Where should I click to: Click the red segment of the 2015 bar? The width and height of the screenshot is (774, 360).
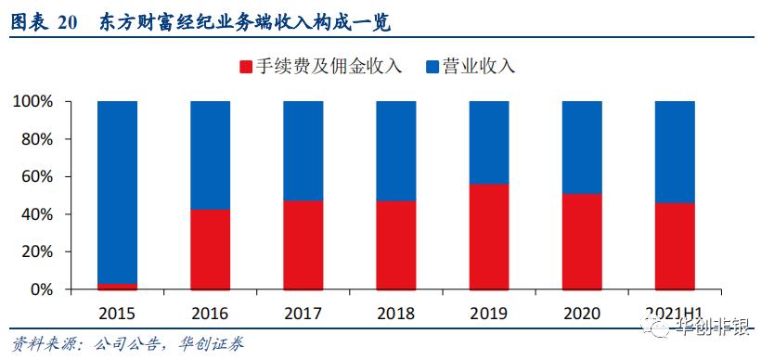(x=117, y=286)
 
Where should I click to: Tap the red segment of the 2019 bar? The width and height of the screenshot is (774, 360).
(x=489, y=237)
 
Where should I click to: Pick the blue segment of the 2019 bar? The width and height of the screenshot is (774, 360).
(x=489, y=142)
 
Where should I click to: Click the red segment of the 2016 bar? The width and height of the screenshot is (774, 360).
(x=210, y=250)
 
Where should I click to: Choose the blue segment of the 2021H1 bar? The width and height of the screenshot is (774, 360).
(x=675, y=151)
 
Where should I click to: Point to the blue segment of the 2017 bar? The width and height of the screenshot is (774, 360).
(x=303, y=150)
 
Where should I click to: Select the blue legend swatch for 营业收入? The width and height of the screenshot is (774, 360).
(x=432, y=67)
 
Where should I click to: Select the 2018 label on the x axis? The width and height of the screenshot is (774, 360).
(x=396, y=313)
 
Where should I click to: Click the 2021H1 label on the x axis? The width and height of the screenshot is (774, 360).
(x=675, y=313)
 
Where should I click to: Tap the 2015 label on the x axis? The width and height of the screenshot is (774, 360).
(x=117, y=313)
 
